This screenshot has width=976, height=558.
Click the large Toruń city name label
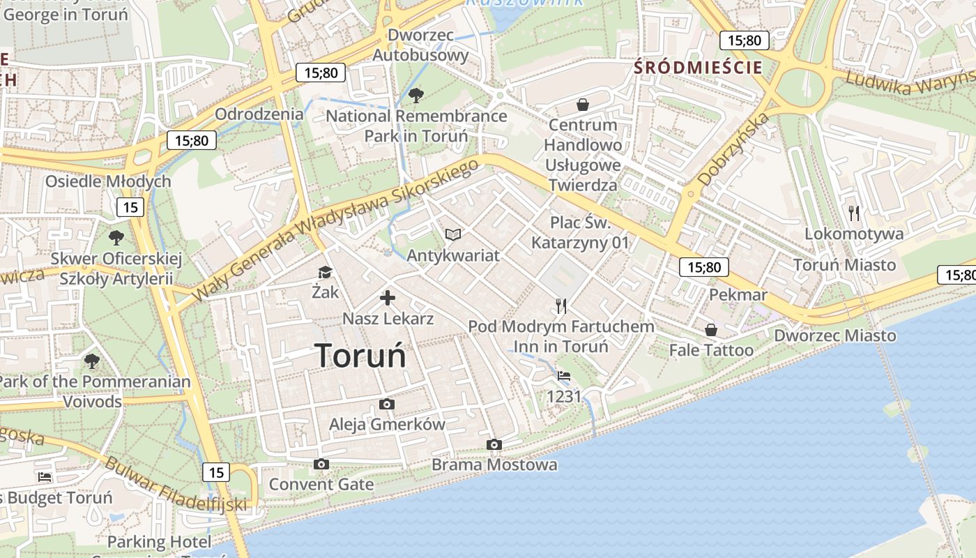click(x=360, y=355)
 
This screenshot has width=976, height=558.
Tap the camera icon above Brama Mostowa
click(x=494, y=444)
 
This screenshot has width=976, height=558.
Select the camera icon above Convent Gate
click(x=321, y=464)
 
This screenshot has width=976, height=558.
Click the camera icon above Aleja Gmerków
click(x=386, y=404)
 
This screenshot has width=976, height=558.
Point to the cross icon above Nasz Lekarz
click(x=387, y=299)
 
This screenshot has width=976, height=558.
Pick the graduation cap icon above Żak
click(x=325, y=272)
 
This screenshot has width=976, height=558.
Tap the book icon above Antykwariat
click(x=453, y=234)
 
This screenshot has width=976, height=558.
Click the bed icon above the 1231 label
click(x=563, y=376)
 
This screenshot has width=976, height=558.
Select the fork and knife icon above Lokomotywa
click(x=854, y=213)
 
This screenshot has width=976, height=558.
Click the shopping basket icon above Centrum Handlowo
click(x=582, y=105)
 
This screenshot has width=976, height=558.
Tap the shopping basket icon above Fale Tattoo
click(x=710, y=329)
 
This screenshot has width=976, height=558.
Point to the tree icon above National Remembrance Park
click(x=415, y=95)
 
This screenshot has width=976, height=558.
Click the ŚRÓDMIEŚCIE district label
click(x=697, y=68)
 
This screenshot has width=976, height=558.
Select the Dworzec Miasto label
click(x=835, y=335)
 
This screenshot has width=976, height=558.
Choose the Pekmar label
click(x=738, y=294)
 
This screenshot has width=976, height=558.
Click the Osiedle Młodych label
click(x=108, y=181)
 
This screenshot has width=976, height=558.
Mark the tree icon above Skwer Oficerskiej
click(x=116, y=238)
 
